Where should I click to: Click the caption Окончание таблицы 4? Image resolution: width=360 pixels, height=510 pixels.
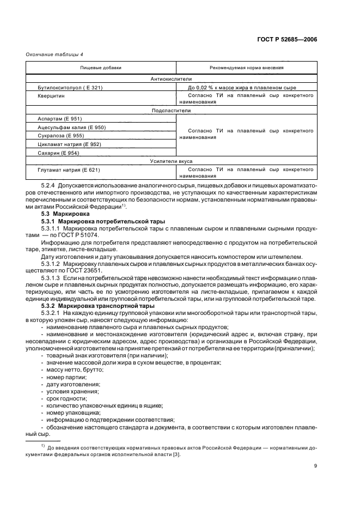(x=54, y=54)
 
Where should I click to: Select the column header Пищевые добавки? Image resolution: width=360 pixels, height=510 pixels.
(x=101, y=68)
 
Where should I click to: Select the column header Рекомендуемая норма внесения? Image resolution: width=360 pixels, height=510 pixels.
(x=246, y=68)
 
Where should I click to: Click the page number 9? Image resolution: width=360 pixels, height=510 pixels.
(x=315, y=465)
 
